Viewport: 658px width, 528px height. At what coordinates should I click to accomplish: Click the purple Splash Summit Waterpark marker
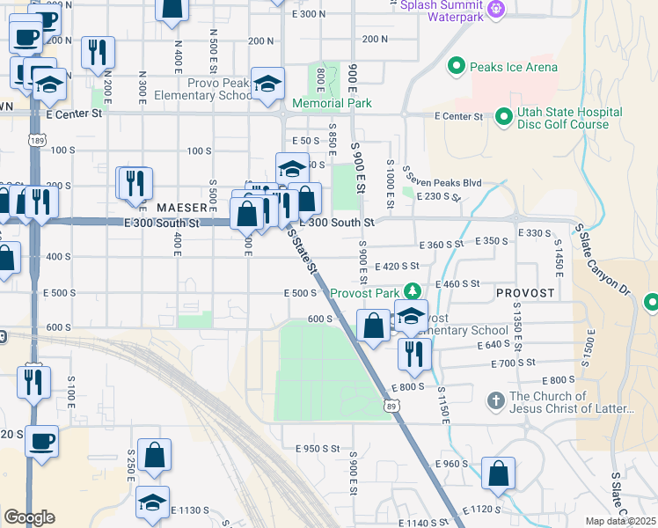[x=496, y=9]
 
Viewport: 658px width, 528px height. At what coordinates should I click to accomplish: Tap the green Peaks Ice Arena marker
[x=457, y=66]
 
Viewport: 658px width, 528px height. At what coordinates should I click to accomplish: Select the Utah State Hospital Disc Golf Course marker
[x=504, y=116]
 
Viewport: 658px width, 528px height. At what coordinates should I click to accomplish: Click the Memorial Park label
[x=332, y=103]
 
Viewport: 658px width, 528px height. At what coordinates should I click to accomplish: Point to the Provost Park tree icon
[x=412, y=291]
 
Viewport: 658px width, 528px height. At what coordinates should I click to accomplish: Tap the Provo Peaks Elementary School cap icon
[x=267, y=84]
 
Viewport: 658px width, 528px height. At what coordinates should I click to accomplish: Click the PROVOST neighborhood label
[x=524, y=292]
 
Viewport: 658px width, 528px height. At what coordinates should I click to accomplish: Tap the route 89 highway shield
[x=391, y=406]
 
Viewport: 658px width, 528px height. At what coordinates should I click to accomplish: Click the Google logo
[x=28, y=517]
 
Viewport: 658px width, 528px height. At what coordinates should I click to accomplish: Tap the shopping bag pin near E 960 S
[x=499, y=473]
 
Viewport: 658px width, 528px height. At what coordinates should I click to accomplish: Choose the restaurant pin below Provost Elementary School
[x=413, y=353]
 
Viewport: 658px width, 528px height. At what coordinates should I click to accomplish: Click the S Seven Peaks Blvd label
[x=441, y=182]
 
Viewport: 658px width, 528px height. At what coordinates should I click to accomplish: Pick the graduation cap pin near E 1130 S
[x=153, y=502]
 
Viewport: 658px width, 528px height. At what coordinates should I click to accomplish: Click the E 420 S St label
[x=396, y=266]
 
